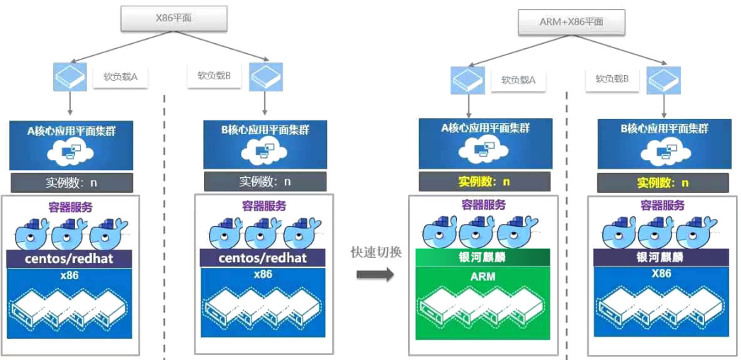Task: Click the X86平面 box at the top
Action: point(174,18)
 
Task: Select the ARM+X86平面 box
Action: point(571,23)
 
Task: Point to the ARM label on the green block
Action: point(482,276)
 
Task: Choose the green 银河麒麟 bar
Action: point(482,257)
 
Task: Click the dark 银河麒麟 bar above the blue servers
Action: point(662,257)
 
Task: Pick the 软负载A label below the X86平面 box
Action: point(120,77)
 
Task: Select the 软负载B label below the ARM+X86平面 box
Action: point(612,79)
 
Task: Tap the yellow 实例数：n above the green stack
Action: point(483,182)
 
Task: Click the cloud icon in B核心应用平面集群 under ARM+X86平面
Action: point(662,151)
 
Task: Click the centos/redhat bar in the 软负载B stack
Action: point(264,257)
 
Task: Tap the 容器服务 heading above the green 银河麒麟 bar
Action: point(483,206)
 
